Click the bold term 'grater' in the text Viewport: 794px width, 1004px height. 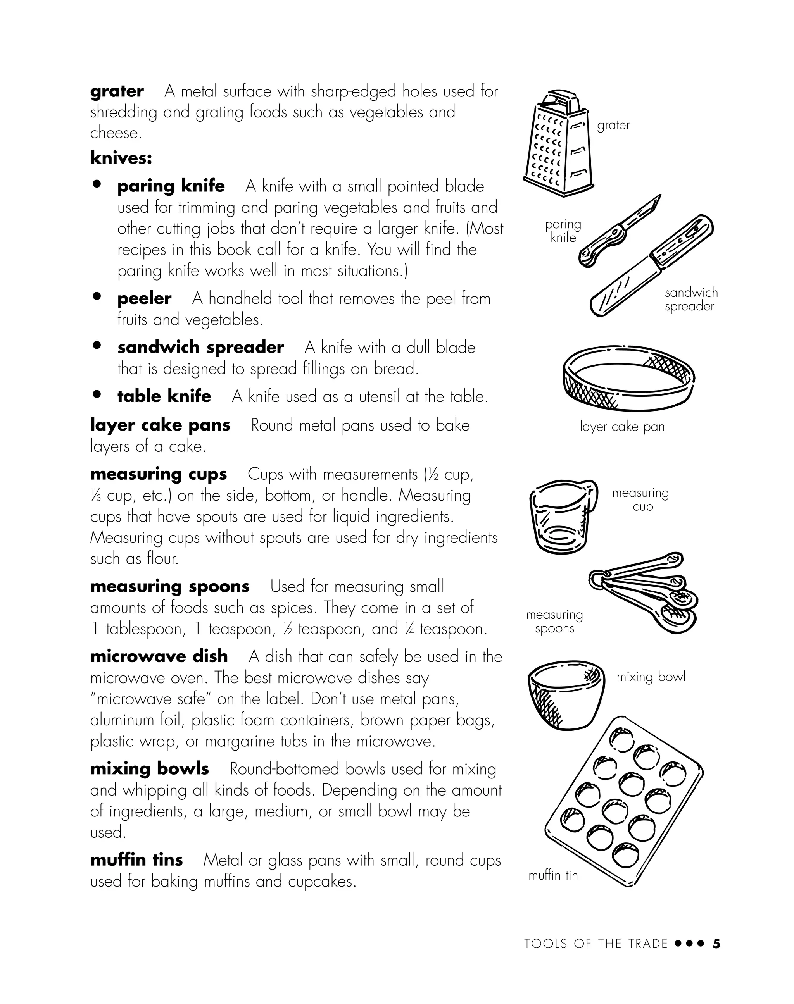[117, 91]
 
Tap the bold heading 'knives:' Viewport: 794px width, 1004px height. [121, 158]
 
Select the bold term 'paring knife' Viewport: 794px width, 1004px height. [171, 186]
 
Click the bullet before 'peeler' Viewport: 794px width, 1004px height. [97, 296]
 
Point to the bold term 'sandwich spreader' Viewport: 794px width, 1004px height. [200, 348]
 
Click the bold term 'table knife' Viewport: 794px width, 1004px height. [164, 396]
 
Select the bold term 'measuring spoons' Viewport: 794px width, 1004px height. [170, 586]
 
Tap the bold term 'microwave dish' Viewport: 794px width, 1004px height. [159, 656]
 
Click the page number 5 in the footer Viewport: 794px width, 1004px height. [716, 944]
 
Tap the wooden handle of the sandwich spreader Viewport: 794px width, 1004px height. [682, 239]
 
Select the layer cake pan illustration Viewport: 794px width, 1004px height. [628, 379]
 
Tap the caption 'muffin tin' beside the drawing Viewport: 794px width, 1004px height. [553, 876]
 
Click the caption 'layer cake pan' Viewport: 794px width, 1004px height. [622, 427]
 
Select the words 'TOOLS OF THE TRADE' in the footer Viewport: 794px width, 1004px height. [595, 944]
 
